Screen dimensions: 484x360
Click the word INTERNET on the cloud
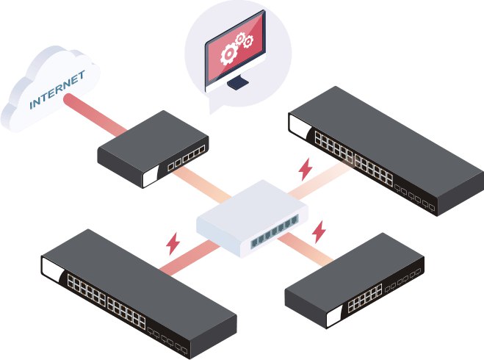(x=57, y=90)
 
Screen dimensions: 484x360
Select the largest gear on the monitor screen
(x=229, y=54)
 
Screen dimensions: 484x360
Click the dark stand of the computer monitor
(x=238, y=82)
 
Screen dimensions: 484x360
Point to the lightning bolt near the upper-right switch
(x=306, y=169)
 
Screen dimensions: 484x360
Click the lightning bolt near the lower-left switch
(x=173, y=244)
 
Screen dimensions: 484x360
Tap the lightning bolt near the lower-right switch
(x=319, y=232)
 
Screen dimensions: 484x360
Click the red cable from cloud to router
(x=95, y=115)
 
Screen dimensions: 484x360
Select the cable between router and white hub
(x=202, y=183)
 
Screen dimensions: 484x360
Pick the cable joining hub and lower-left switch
(x=189, y=258)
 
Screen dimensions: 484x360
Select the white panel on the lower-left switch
(x=52, y=269)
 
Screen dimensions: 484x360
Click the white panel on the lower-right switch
(x=335, y=317)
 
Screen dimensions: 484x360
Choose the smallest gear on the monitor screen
(x=239, y=39)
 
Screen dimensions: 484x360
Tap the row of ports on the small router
(x=186, y=158)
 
